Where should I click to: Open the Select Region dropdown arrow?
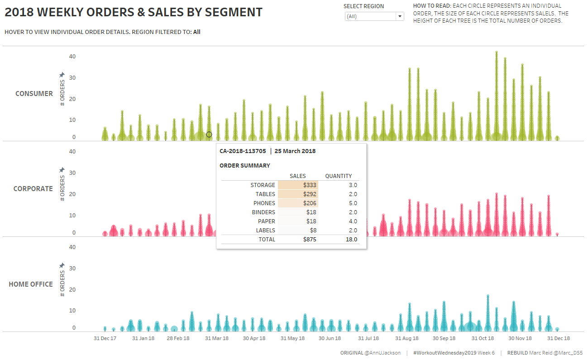[x=400, y=16]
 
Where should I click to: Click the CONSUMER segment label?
[x=34, y=94]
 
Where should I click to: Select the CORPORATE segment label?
[x=33, y=189]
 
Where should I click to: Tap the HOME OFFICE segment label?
[x=31, y=284]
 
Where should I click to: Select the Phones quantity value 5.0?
[x=353, y=203]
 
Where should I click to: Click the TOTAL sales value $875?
[x=310, y=240]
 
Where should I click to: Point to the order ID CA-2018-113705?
[x=243, y=151]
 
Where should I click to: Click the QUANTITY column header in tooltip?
[x=338, y=176]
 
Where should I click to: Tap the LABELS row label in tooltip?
[x=265, y=230]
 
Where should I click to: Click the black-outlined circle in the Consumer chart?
[x=209, y=134]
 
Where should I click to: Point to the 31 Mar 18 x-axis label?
[x=217, y=338]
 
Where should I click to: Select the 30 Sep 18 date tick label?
[x=444, y=338]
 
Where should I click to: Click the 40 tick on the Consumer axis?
[x=72, y=57]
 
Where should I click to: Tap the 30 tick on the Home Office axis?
[x=72, y=269]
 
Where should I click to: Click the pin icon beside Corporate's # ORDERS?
[x=62, y=170]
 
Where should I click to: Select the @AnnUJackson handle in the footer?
[x=382, y=353]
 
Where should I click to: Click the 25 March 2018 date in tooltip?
[x=295, y=151]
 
